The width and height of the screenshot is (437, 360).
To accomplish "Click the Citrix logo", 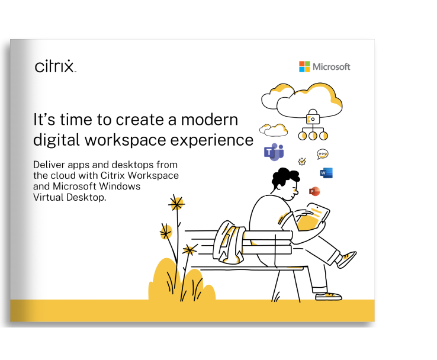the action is (55, 66).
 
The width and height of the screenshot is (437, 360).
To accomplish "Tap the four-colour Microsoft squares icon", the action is (304, 66).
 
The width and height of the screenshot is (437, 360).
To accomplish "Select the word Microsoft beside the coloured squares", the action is (332, 67).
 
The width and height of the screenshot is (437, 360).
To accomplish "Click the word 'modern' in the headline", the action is (210, 120).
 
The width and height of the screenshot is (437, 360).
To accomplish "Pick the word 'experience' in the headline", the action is (212, 140).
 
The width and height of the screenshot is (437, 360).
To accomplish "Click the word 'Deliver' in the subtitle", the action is (49, 165).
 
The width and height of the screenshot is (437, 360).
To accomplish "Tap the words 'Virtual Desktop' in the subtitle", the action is (69, 197).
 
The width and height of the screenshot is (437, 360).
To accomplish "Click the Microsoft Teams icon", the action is (274, 152).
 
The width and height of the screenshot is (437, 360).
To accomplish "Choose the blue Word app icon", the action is (326, 173).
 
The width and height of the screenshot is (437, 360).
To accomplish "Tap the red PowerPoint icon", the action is (314, 191).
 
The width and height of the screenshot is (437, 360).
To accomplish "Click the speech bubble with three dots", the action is (323, 154).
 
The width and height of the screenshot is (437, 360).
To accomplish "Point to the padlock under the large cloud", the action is (313, 117).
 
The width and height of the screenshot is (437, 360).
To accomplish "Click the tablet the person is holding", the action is (314, 217).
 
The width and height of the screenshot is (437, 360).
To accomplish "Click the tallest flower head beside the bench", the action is (176, 204).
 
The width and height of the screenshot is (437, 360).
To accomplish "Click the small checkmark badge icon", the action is (302, 161).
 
